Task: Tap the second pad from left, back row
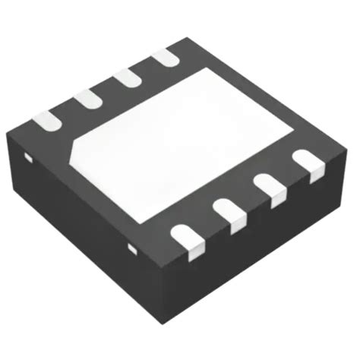[x=87, y=98]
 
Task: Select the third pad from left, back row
[x=125, y=77]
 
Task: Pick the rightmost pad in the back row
[x=163, y=57]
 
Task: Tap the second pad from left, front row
[x=229, y=212]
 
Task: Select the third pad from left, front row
[x=268, y=187]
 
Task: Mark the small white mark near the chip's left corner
[x=27, y=157]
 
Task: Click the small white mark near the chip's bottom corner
[x=134, y=248]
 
